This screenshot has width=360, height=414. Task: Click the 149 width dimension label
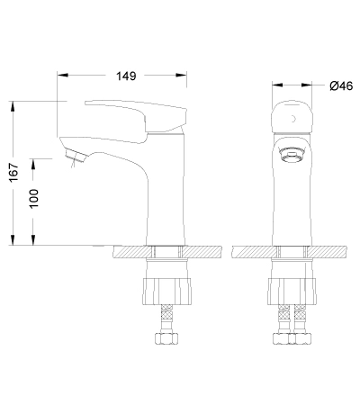126,76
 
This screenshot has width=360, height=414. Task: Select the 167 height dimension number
13,172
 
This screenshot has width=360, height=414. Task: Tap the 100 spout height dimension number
34,198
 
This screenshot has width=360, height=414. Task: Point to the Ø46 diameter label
341,86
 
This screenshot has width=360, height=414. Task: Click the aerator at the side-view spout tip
76,156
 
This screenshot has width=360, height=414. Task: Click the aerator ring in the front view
292,155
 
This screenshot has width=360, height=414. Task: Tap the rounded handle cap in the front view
292,116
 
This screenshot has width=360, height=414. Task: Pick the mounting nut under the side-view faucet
166,292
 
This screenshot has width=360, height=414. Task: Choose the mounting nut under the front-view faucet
292,292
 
